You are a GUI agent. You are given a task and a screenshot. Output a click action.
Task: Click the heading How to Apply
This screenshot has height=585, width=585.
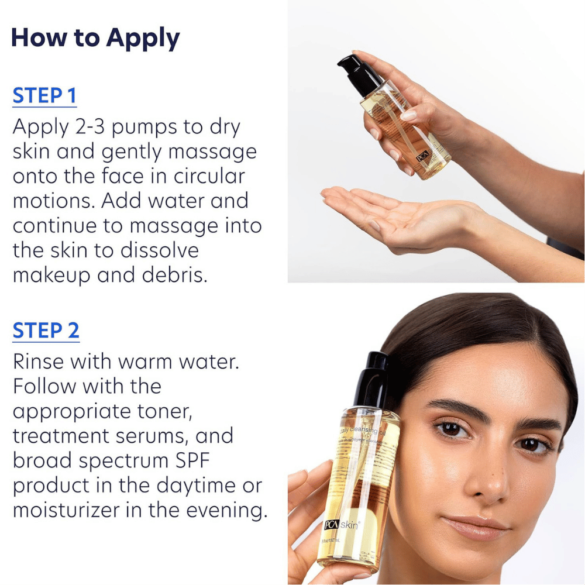click(x=95, y=38)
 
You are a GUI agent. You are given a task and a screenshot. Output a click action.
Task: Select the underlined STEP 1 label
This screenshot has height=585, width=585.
click(x=44, y=96)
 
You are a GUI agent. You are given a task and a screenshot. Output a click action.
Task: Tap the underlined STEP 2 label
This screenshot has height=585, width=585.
click(x=46, y=331)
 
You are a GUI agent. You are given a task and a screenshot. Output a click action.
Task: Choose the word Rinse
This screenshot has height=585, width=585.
click(x=39, y=362)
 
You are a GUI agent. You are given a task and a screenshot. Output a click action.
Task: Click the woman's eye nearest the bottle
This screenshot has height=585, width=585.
click(x=451, y=430)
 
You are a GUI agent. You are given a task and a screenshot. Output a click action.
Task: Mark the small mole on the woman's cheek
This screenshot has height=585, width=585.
click(x=426, y=486)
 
